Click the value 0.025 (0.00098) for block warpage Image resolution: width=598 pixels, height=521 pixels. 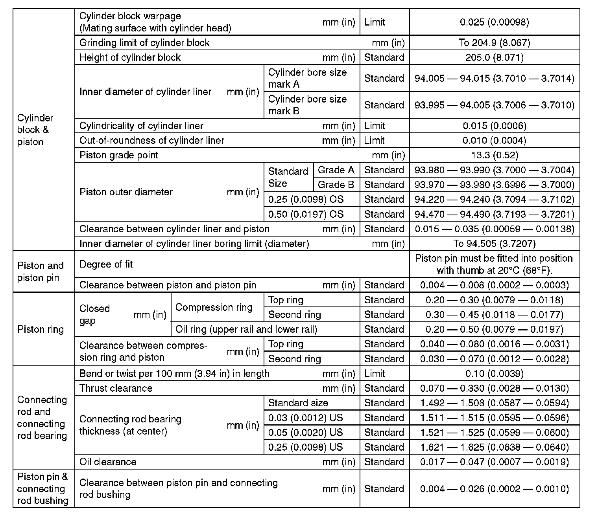click(494, 22)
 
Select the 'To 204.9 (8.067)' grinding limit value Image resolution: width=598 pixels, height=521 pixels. click(494, 43)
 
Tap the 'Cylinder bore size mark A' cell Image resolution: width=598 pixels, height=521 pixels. click(307, 78)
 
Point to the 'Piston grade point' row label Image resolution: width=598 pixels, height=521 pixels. click(118, 155)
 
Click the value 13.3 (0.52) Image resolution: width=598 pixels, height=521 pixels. click(494, 155)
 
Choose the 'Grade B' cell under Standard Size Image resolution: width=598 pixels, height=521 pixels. click(336, 185)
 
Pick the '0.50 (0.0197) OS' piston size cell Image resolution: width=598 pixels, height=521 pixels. click(306, 214)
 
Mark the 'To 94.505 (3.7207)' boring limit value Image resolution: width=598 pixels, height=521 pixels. click(494, 244)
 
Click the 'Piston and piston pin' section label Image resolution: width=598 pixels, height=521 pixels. click(41, 272)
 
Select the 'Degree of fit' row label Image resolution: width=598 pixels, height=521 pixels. click(106, 264)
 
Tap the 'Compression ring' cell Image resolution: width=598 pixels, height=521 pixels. click(214, 307)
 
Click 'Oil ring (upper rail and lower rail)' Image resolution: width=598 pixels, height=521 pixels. click(246, 329)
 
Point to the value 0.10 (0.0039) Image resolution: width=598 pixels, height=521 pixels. click(494, 374)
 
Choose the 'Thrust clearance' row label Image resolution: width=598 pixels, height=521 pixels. click(116, 388)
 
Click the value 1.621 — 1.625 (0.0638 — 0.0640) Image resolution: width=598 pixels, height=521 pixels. click(494, 447)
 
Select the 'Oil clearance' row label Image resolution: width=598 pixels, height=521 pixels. click(108, 462)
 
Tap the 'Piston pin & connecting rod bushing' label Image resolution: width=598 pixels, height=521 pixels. click(42, 489)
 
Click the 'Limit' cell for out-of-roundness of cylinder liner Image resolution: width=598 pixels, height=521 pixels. click(374, 141)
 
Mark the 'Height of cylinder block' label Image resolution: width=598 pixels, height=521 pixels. click(130, 58)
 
